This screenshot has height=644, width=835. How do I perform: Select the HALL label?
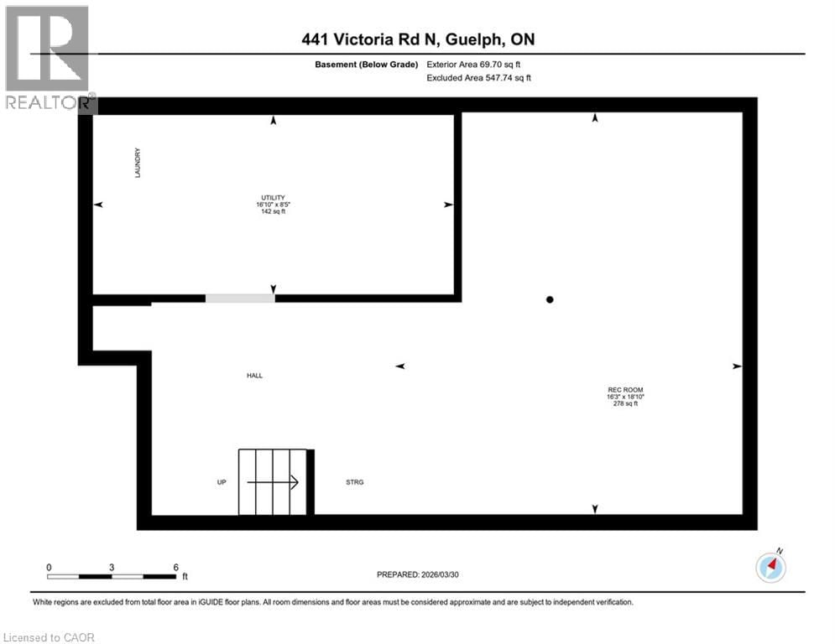tap(254, 376)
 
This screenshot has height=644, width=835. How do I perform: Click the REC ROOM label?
tap(625, 389)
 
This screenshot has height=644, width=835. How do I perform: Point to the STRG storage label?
tap(355, 482)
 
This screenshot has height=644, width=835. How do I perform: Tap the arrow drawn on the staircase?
tap(273, 482)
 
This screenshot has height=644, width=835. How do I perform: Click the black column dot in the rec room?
tap(550, 299)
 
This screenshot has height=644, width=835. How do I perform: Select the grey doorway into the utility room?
tap(240, 298)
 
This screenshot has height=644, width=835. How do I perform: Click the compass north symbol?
tap(770, 568)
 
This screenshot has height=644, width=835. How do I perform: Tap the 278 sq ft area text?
tap(625, 404)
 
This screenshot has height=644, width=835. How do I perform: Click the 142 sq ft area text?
tap(274, 212)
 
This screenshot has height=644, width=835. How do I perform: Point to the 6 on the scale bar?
tap(175, 567)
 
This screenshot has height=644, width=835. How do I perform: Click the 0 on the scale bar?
tap(49, 567)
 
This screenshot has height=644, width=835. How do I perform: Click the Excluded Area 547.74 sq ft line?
tap(479, 78)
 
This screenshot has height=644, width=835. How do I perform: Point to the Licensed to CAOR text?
tap(50, 637)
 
